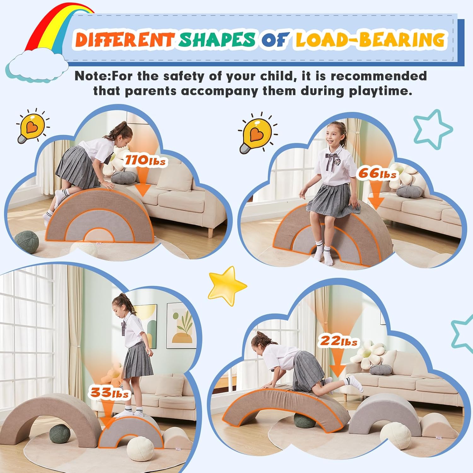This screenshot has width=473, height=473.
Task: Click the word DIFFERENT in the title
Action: coord(124,40)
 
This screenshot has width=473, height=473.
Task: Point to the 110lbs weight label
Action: coord(145,161)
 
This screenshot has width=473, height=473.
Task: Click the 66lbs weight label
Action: coord(377,173)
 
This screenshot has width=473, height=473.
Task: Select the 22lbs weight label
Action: coord(339,341)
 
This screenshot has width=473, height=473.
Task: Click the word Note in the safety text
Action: coord(91,76)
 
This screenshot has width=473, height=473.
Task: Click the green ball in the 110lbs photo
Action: coord(27,241)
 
